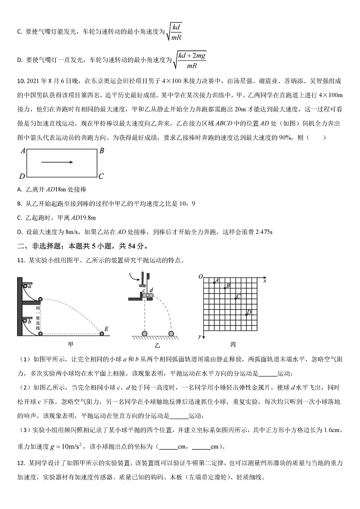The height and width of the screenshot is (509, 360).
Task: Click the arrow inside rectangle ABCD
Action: pos(57,162)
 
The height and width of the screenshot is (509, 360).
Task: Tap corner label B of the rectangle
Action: pos(102,151)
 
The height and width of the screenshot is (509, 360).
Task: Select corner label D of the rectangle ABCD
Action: pos(22,176)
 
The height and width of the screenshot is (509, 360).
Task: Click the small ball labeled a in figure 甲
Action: pos(25,286)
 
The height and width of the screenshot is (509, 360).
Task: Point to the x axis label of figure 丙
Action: pos(265,281)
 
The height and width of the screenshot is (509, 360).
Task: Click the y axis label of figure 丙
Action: pos(199,336)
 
